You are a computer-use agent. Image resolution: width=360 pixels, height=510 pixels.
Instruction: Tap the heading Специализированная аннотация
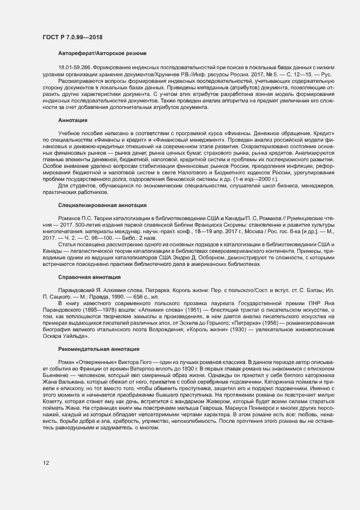point(102,205)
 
